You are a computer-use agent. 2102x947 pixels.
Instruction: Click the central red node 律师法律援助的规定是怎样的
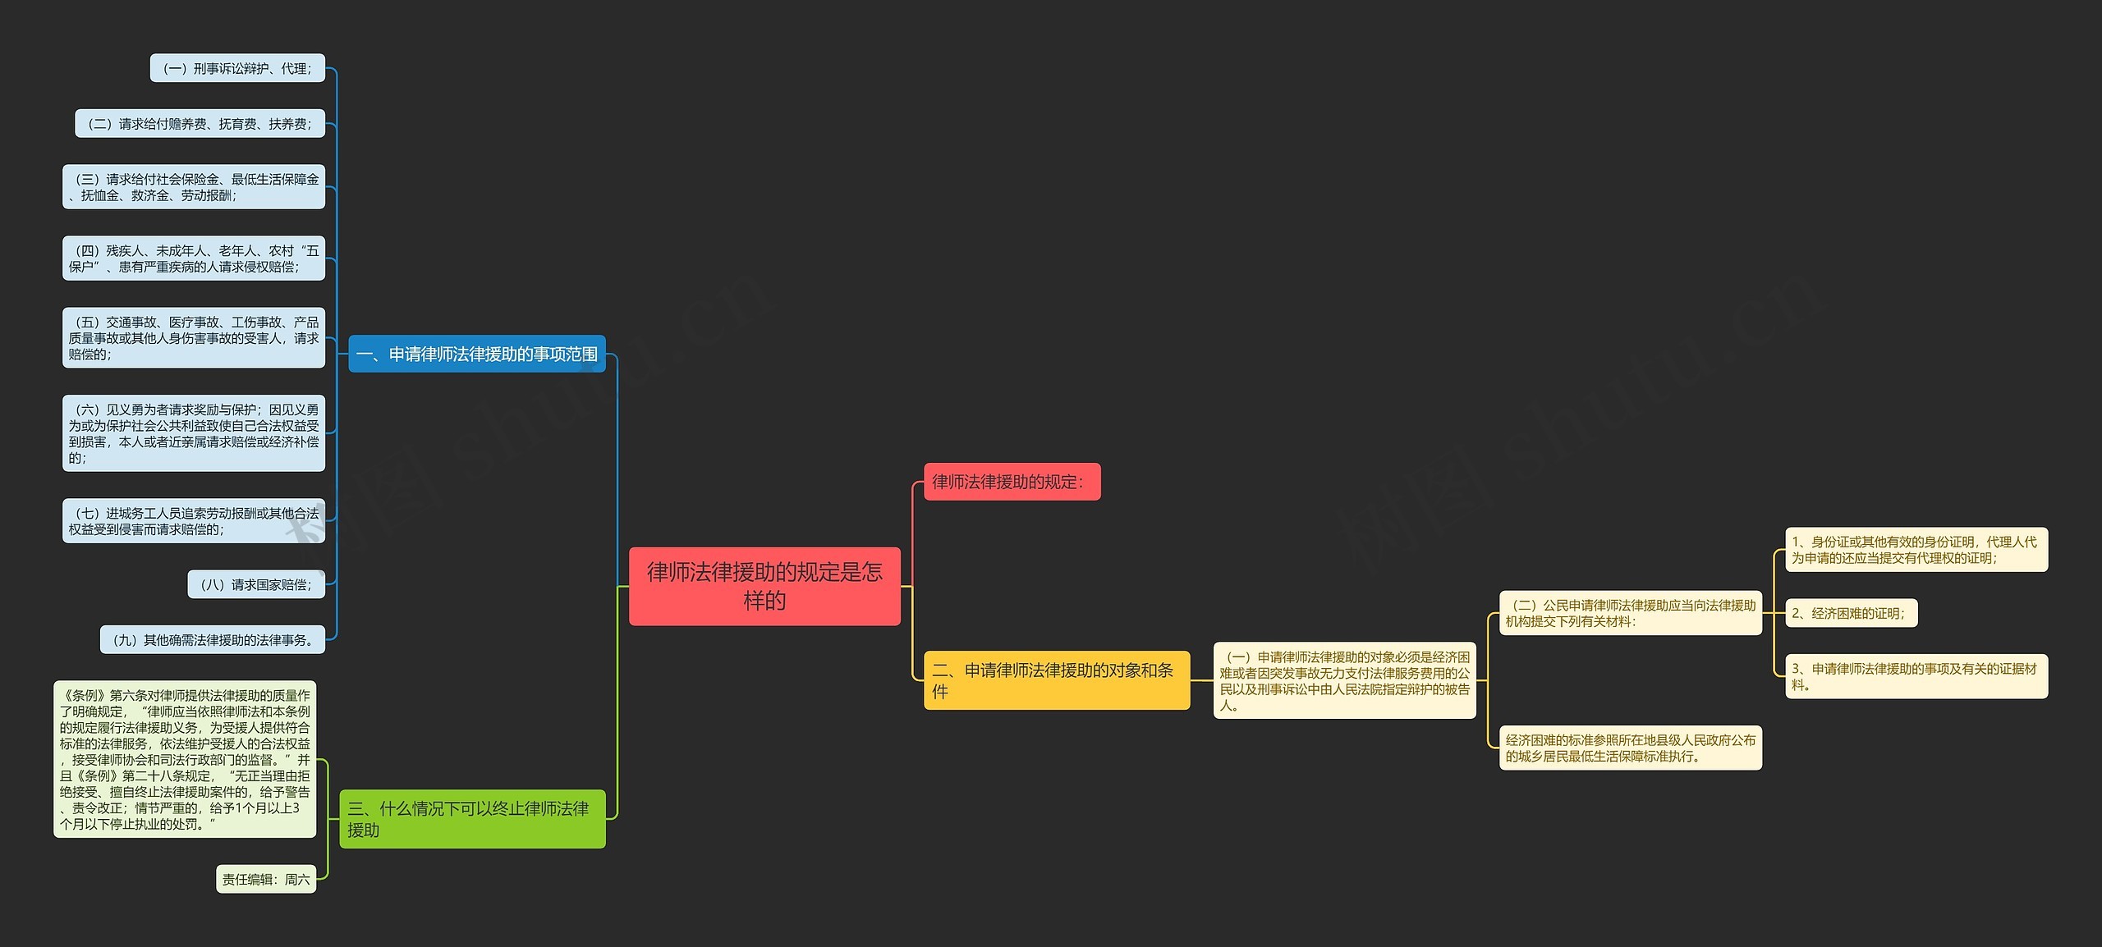pyautogui.click(x=764, y=586)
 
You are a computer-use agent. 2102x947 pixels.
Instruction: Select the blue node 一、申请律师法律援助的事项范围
pyautogui.click(x=477, y=354)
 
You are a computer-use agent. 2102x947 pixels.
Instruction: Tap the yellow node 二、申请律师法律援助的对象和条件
pyautogui.click(x=1056, y=680)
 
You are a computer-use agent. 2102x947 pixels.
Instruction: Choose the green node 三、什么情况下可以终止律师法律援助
pyautogui.click(x=472, y=819)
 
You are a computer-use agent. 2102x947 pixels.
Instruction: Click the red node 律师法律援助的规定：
pyautogui.click(x=1012, y=482)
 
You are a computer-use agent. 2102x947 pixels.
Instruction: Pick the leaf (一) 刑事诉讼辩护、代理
pyautogui.click(x=237, y=68)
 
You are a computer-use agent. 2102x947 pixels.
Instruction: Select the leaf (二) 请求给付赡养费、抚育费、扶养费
pyautogui.click(x=200, y=124)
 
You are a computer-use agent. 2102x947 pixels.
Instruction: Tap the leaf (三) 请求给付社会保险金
pyautogui.click(x=194, y=187)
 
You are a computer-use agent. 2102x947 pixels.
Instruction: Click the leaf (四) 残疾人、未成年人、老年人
pyautogui.click(x=194, y=258)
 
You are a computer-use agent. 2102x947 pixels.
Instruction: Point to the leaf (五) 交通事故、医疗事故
pyautogui.click(x=194, y=338)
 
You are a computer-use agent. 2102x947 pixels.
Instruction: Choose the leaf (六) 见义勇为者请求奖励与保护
pyautogui.click(x=194, y=433)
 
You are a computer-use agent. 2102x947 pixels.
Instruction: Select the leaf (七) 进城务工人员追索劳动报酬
pyautogui.click(x=194, y=521)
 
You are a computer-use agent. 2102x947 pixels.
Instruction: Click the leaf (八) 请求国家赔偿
pyautogui.click(x=256, y=584)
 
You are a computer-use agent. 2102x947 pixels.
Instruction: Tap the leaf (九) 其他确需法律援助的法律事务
pyautogui.click(x=213, y=640)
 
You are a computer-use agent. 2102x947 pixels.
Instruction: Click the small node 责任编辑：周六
pyautogui.click(x=266, y=879)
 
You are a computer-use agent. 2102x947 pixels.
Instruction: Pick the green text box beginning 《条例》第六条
pyautogui.click(x=185, y=759)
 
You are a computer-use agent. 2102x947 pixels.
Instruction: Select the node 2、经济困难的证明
pyautogui.click(x=1851, y=613)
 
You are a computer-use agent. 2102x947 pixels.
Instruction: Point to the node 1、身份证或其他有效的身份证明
pyautogui.click(x=1916, y=550)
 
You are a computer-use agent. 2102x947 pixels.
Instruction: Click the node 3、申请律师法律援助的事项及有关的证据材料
pyautogui.click(x=1916, y=676)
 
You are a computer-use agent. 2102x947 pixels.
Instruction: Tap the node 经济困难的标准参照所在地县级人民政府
pyautogui.click(x=1630, y=748)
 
